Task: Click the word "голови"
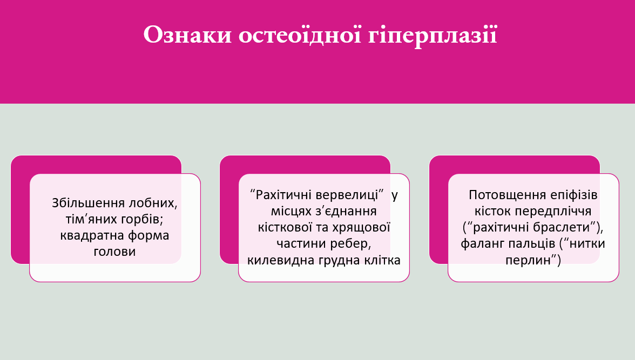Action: click(x=114, y=252)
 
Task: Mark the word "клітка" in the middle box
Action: click(x=384, y=260)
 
